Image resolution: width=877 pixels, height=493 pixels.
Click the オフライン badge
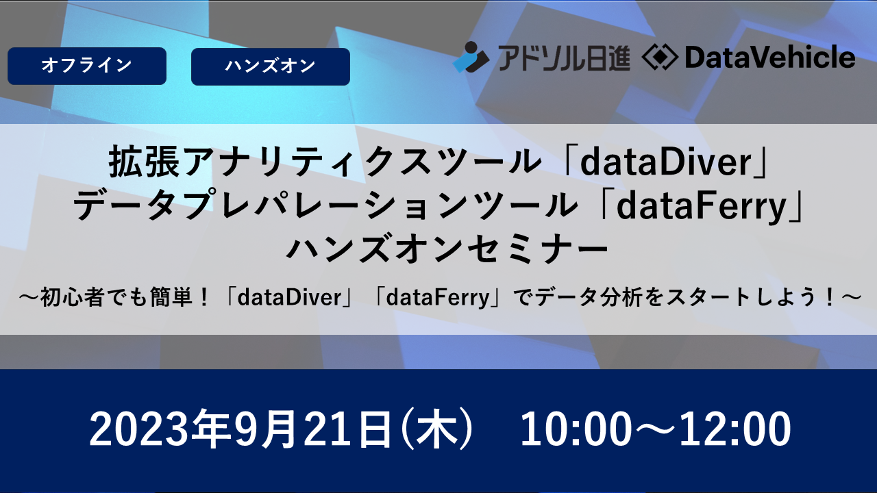click(x=87, y=66)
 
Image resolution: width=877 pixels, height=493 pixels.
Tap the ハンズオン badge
click(x=271, y=66)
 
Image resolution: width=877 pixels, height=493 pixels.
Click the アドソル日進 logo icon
click(x=471, y=57)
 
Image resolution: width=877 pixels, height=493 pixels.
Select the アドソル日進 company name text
click(x=563, y=58)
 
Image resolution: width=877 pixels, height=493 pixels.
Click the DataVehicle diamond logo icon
click(x=660, y=58)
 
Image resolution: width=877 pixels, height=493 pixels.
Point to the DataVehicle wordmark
click(x=769, y=57)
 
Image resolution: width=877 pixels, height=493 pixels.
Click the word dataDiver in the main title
click(x=666, y=162)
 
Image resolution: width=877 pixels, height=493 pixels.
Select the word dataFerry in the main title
click(x=702, y=206)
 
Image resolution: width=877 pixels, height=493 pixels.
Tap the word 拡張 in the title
click(x=144, y=162)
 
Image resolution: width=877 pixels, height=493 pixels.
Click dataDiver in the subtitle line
click(x=290, y=298)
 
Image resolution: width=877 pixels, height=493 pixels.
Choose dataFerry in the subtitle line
click(x=438, y=298)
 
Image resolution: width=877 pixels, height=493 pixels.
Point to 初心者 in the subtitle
click(x=73, y=297)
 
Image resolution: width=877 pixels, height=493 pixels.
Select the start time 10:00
click(x=576, y=429)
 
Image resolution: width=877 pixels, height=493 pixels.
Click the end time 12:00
click(x=735, y=429)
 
